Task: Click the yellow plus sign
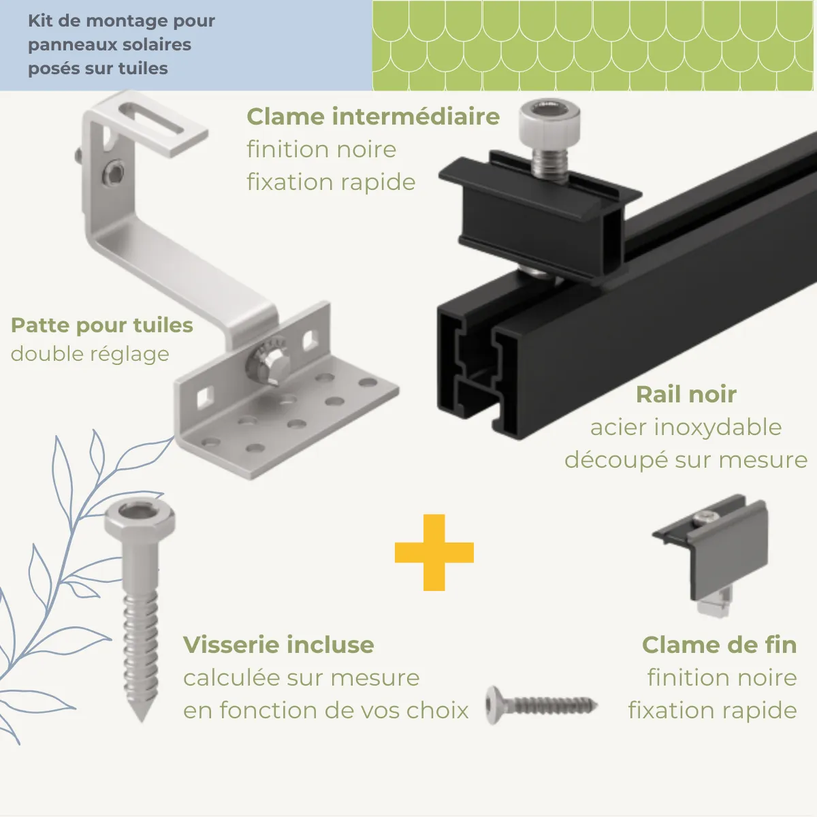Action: [x=434, y=552]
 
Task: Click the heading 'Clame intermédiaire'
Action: [x=373, y=116]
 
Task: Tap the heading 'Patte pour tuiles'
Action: [x=102, y=325]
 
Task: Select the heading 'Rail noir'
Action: [x=686, y=394]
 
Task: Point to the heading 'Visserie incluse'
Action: [x=278, y=645]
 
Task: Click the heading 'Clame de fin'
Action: [x=719, y=645]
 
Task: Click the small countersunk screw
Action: [x=541, y=705]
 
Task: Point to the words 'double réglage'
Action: [x=90, y=354]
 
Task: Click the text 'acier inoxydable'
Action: [x=686, y=428]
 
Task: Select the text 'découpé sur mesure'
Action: [x=686, y=460]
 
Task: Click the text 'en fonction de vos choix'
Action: [x=325, y=711]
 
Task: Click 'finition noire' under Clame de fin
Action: [x=722, y=678]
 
